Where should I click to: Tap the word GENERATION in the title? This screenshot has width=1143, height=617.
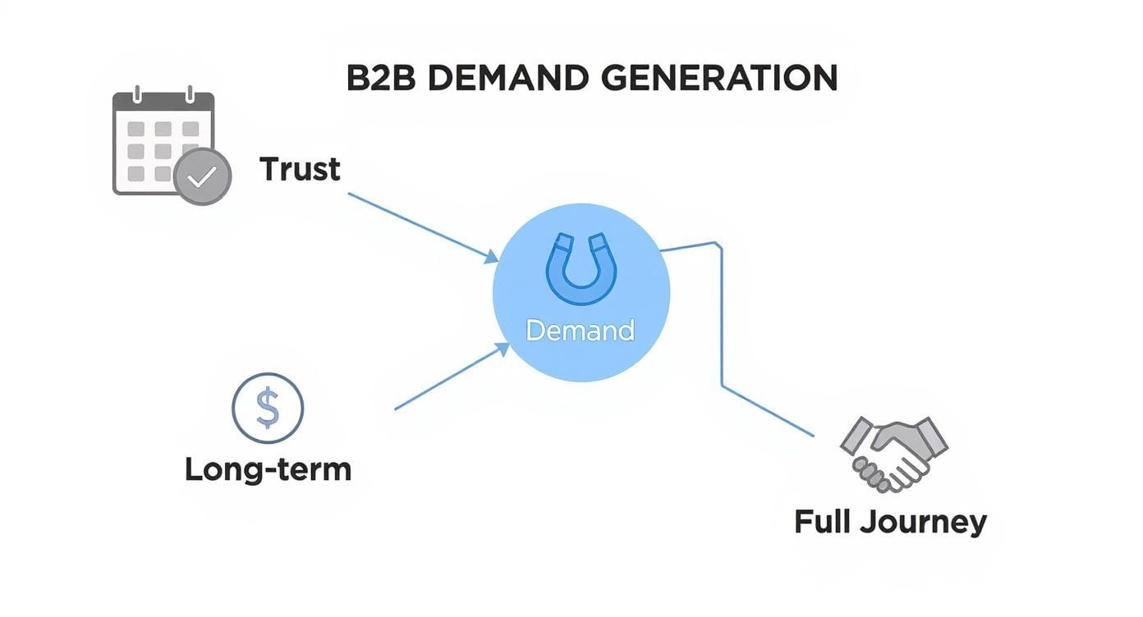pyautogui.click(x=718, y=79)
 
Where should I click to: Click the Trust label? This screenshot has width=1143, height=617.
pyautogui.click(x=300, y=170)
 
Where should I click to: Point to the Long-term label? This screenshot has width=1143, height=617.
pyautogui.click(x=268, y=469)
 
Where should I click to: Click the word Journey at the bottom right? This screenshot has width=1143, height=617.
pyautogui.click(x=926, y=523)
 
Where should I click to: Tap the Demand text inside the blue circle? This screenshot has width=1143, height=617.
pyautogui.click(x=580, y=331)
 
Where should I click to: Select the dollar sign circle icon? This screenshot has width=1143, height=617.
pyautogui.click(x=268, y=408)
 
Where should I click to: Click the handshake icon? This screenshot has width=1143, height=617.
pyautogui.click(x=893, y=453)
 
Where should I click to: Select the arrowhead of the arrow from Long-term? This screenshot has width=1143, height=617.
pyautogui.click(x=503, y=350)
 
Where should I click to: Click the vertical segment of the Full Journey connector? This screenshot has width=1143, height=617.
pyautogui.click(x=722, y=316)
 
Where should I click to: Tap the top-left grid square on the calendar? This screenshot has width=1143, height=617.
pyautogui.click(x=136, y=130)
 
